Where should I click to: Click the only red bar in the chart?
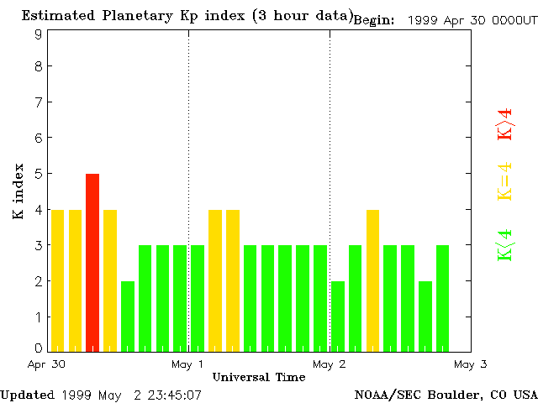[x=92, y=262]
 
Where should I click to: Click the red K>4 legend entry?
[x=505, y=125]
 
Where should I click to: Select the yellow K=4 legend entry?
[x=505, y=182]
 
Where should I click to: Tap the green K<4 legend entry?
[x=505, y=244]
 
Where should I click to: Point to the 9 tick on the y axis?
[x=39, y=34]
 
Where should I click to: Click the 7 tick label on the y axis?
[x=39, y=102]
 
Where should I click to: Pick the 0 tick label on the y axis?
[x=39, y=348]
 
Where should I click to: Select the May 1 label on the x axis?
[x=187, y=364]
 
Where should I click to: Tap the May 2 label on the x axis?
[x=330, y=364]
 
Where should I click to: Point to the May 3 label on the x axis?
[x=471, y=364]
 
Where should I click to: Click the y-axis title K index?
[x=18, y=191]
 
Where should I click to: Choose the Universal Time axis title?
[x=259, y=378]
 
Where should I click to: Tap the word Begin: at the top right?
[x=374, y=20]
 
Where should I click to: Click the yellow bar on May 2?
[x=373, y=280]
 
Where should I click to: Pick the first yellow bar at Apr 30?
[x=57, y=280]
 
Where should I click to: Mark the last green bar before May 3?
[x=443, y=298]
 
